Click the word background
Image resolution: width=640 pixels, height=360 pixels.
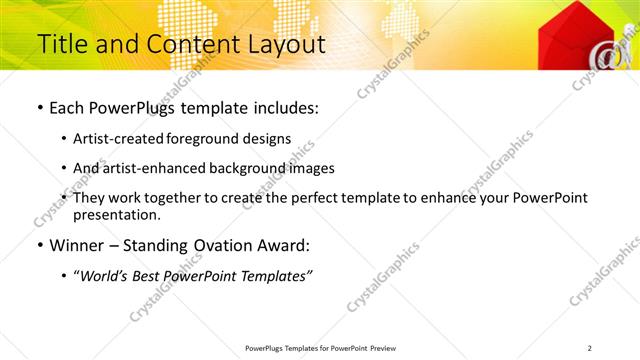(x=256, y=168)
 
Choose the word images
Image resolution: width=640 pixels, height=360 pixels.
(x=313, y=168)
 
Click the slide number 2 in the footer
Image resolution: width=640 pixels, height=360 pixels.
(x=590, y=348)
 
